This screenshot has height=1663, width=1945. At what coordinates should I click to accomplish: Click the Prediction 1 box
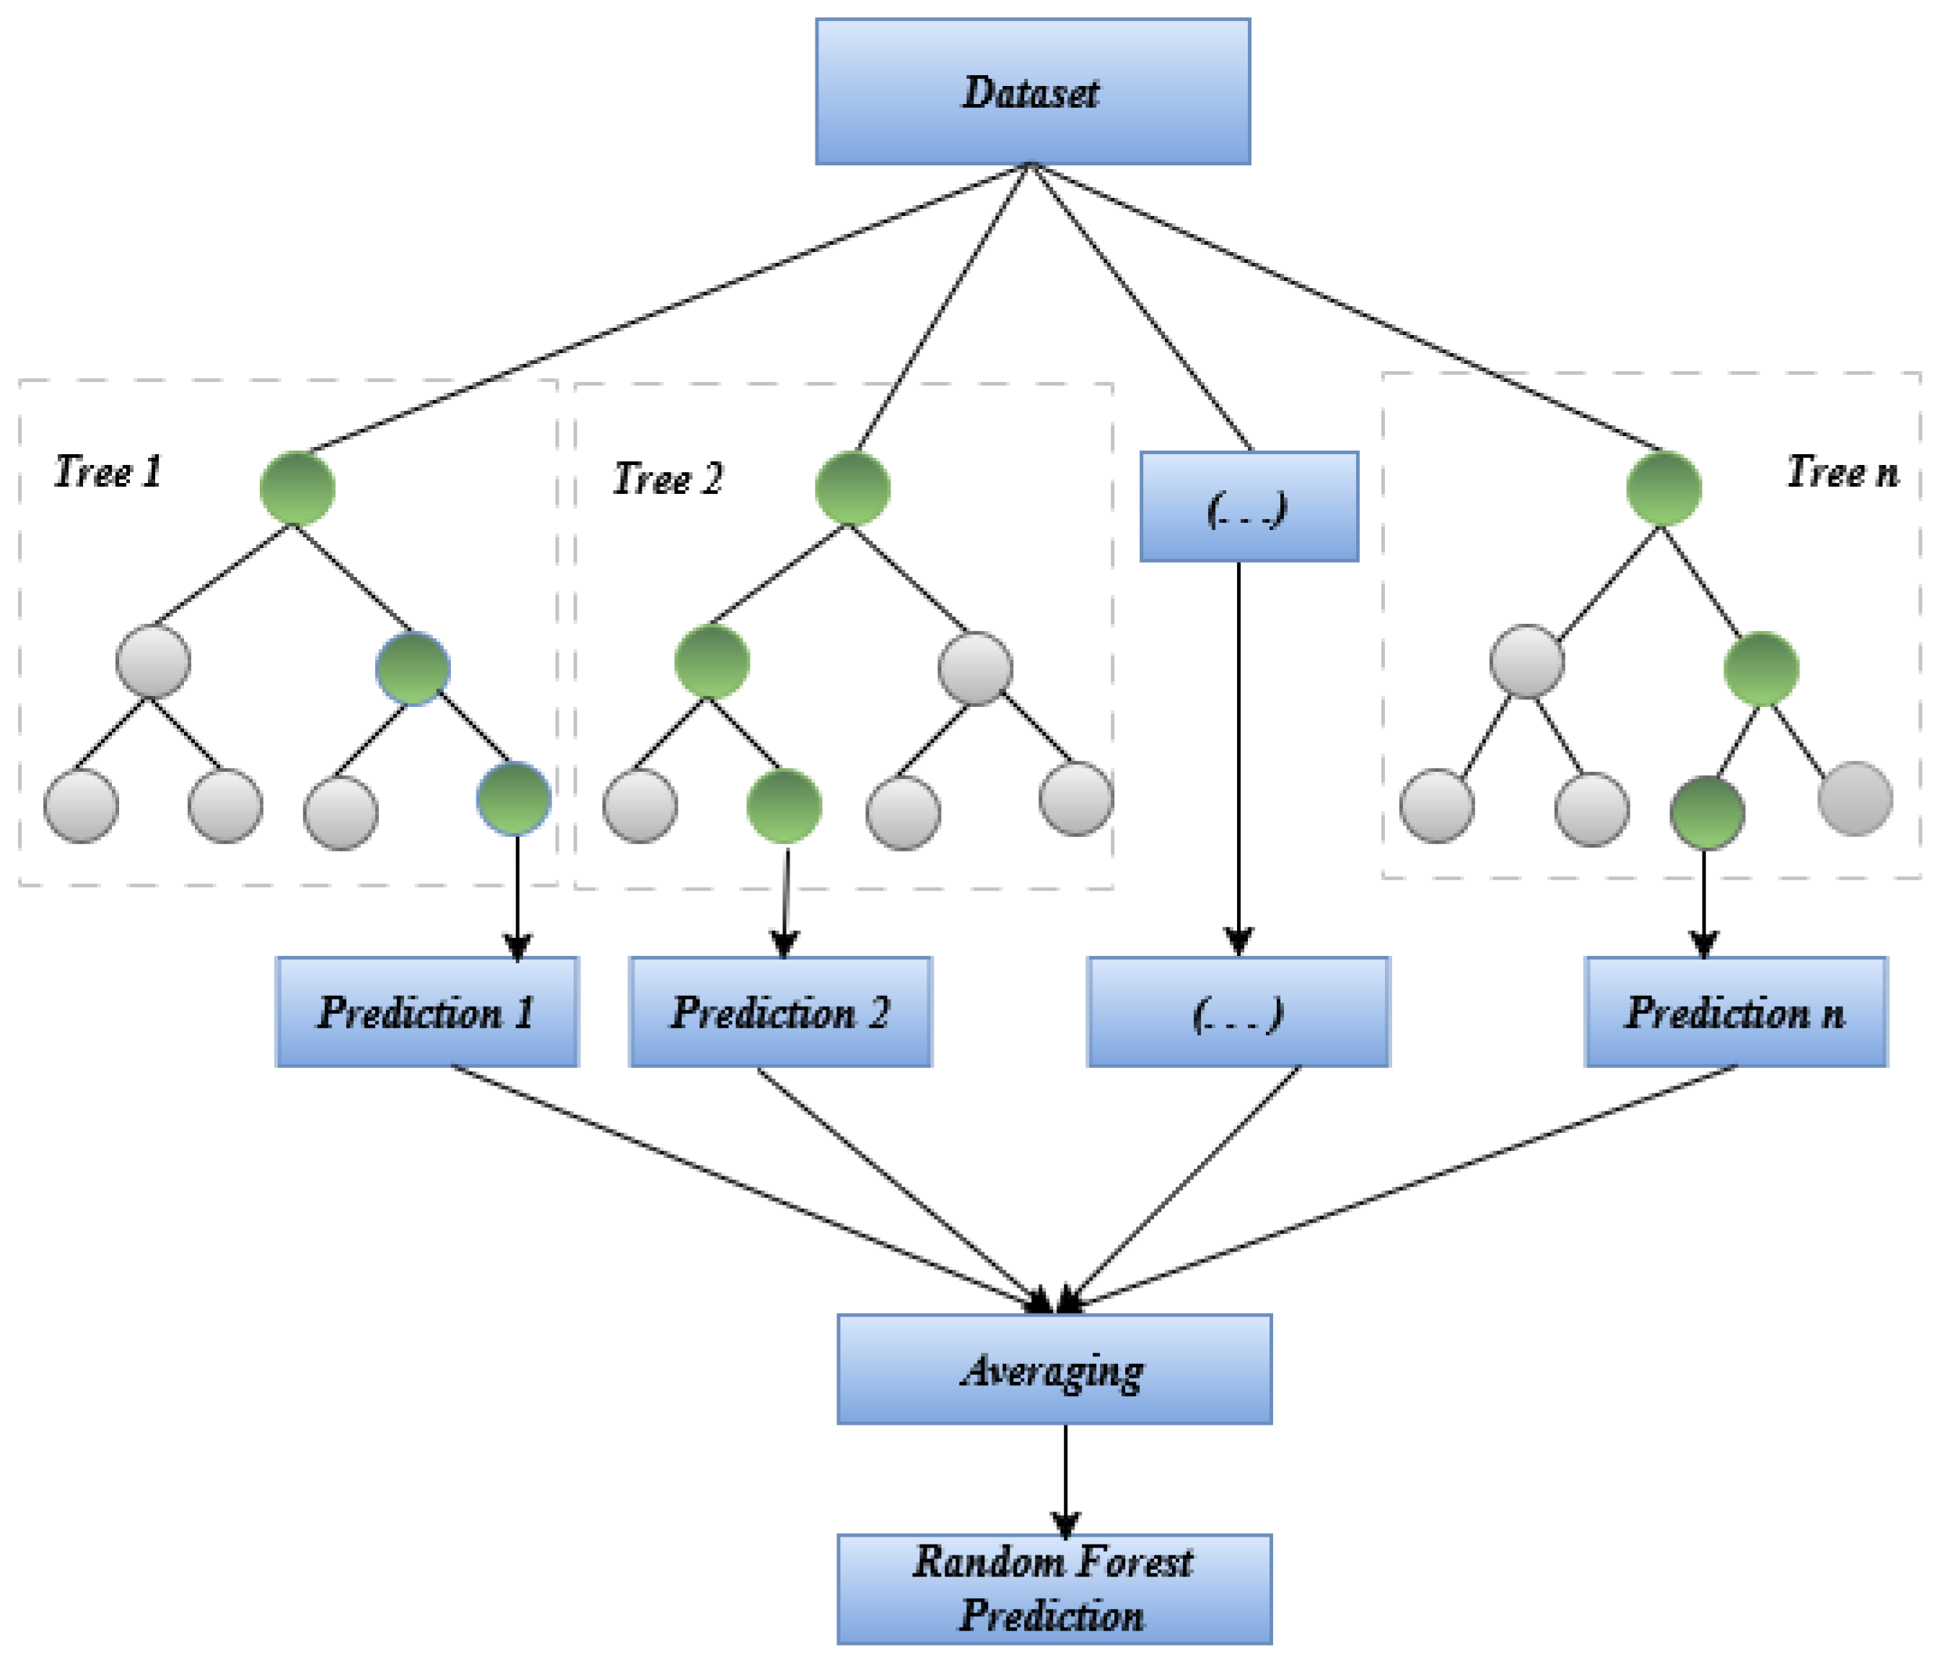tap(427, 1012)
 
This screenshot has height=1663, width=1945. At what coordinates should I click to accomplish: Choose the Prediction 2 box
tap(780, 1012)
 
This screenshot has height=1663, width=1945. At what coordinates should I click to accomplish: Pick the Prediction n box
tap(1735, 1012)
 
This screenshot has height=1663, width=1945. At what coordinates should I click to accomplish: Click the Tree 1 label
tap(108, 472)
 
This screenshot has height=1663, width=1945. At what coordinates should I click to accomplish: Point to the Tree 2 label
tap(668, 479)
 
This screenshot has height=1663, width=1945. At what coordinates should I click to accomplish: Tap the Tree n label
tap(1841, 472)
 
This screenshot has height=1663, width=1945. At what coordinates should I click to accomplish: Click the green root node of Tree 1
tap(297, 488)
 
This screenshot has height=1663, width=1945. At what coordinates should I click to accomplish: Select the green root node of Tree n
tap(1664, 488)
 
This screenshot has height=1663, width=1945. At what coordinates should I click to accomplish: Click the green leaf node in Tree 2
tap(784, 806)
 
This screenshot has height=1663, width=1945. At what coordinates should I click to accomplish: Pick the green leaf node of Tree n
tap(1707, 812)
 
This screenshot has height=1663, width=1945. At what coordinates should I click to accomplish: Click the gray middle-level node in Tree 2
tap(975, 669)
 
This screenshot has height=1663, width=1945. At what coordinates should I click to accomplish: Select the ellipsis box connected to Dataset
tap(1249, 507)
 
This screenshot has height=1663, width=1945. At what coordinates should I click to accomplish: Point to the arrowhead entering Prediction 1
tap(517, 945)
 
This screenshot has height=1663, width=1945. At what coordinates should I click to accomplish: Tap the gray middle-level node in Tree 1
tap(153, 661)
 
